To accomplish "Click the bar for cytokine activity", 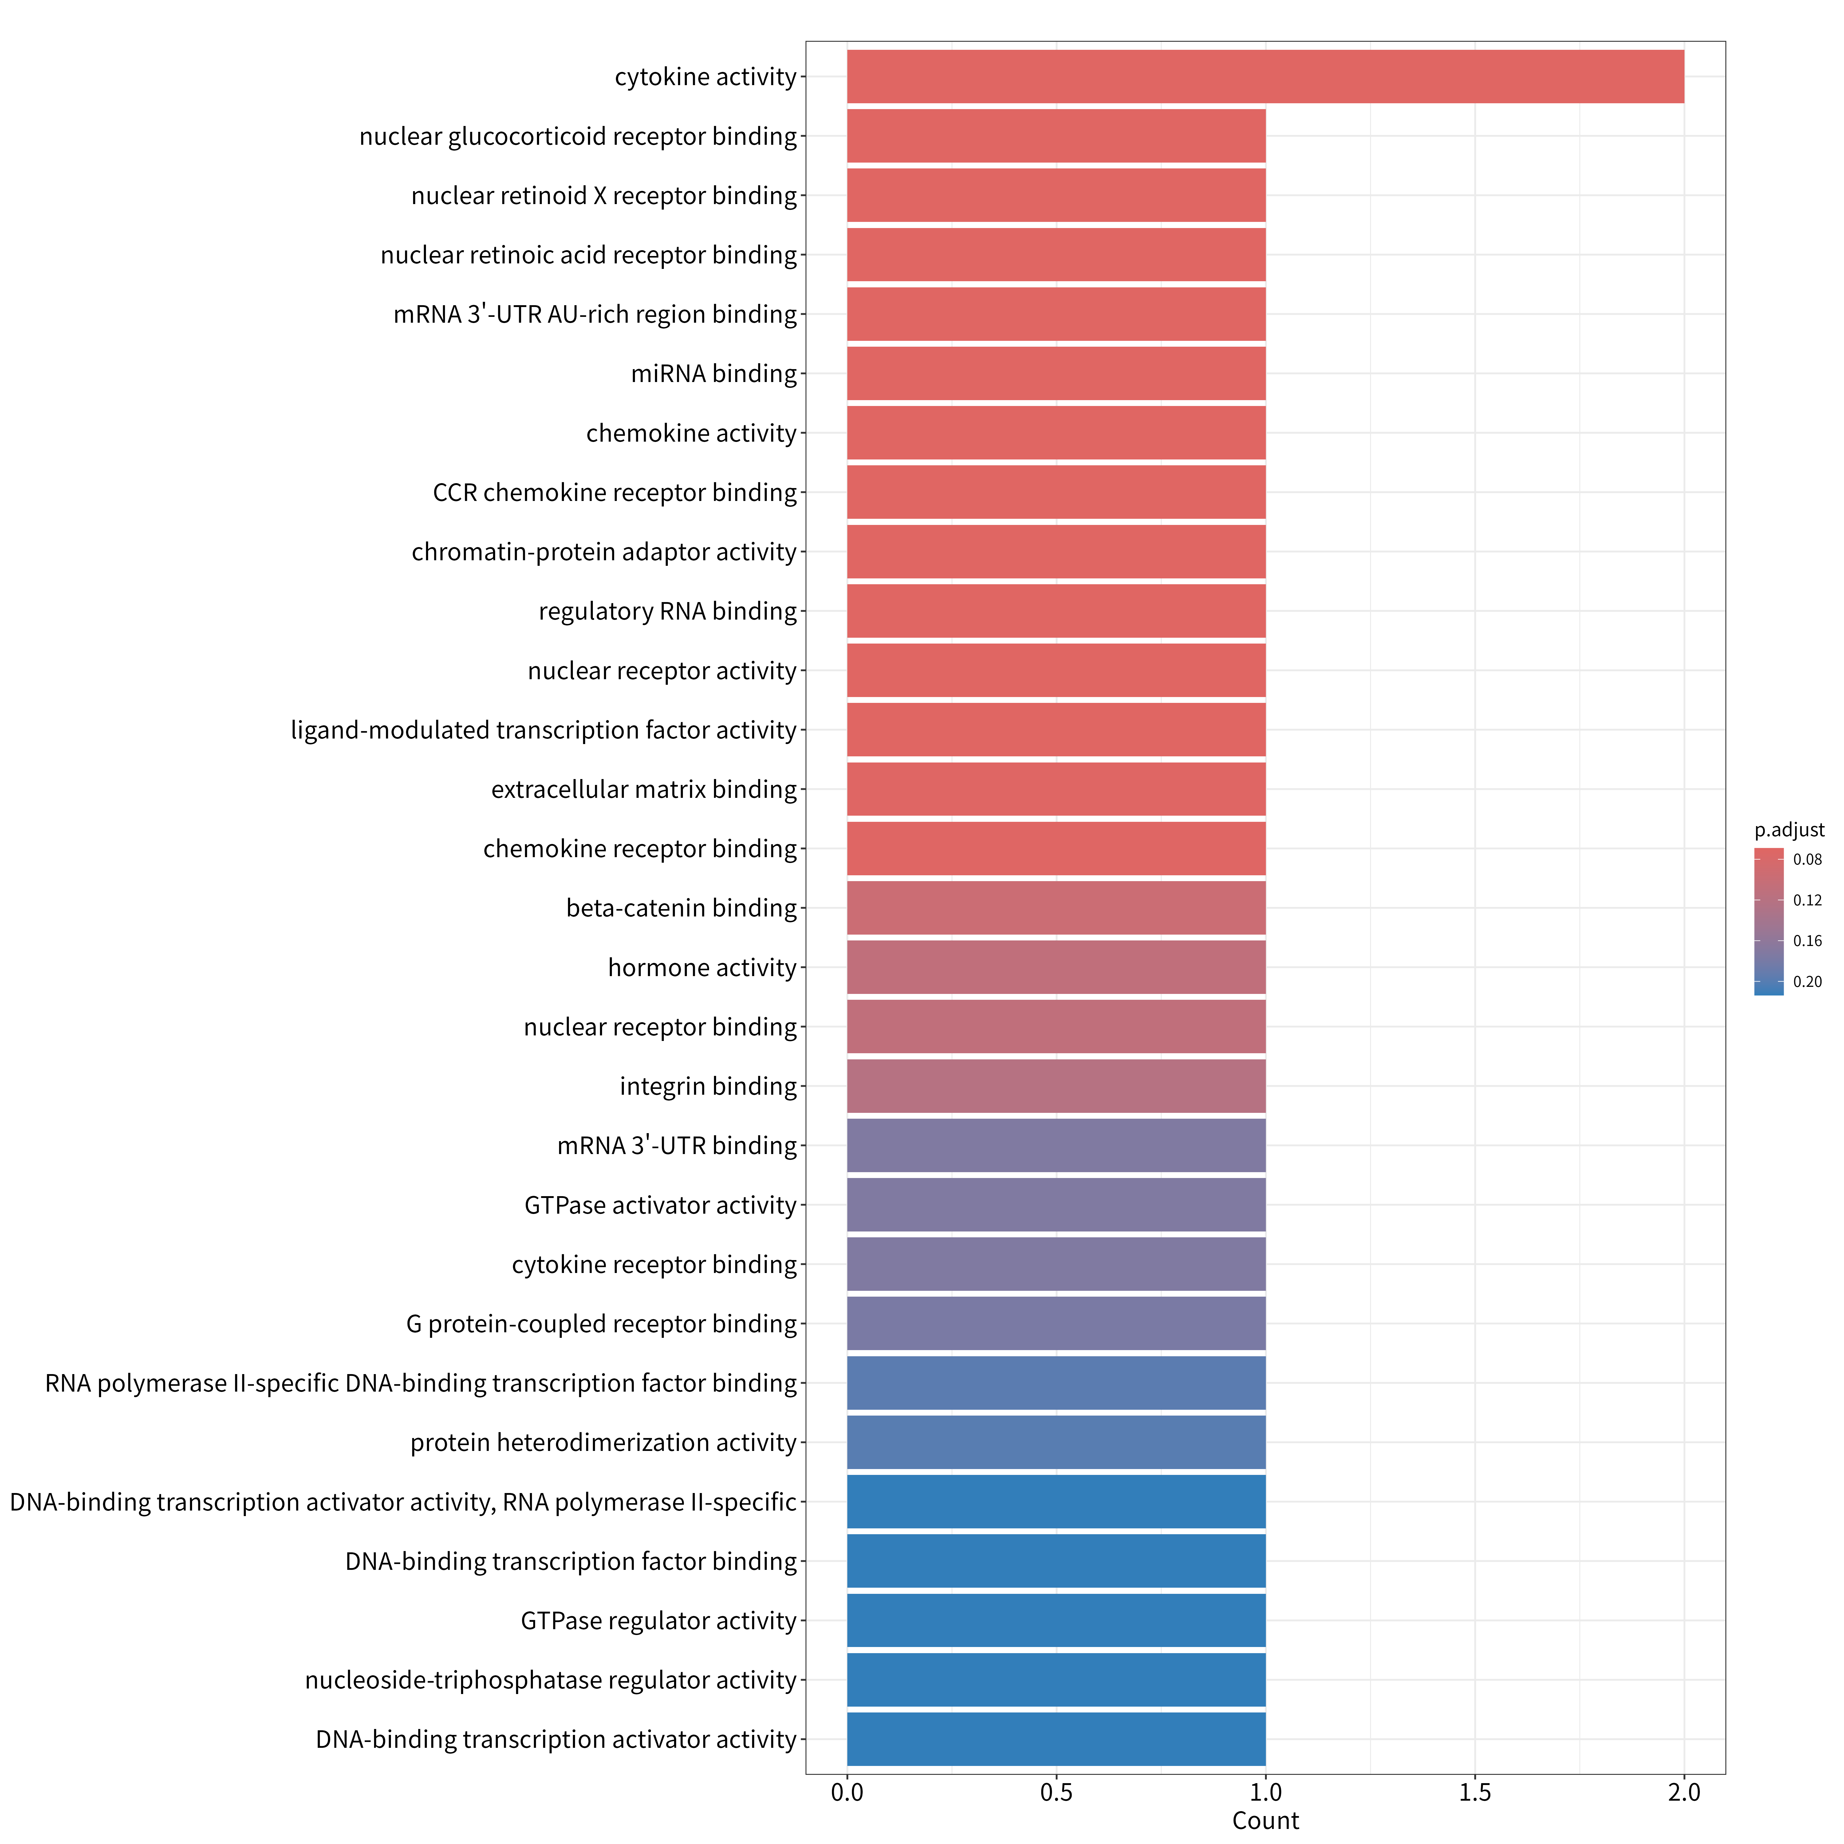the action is (1266, 76).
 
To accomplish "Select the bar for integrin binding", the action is (1057, 1086).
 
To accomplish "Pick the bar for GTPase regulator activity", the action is (1057, 1621).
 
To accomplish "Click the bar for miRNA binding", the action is (1057, 373).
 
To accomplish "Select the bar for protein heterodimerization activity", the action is (1057, 1442).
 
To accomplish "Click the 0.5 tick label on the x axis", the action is (1057, 1793).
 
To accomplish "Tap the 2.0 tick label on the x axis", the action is (1684, 1793).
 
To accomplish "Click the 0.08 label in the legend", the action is (1808, 860).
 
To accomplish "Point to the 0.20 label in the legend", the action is (1808, 982).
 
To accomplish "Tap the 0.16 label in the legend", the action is (1808, 941).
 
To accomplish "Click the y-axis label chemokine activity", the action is (691, 433).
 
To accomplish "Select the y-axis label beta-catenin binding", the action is (681, 908).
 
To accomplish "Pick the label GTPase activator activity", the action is (660, 1205).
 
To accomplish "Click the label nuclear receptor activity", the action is (662, 671).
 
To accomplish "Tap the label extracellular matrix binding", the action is (644, 789).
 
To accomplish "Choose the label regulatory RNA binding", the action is (668, 611).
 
